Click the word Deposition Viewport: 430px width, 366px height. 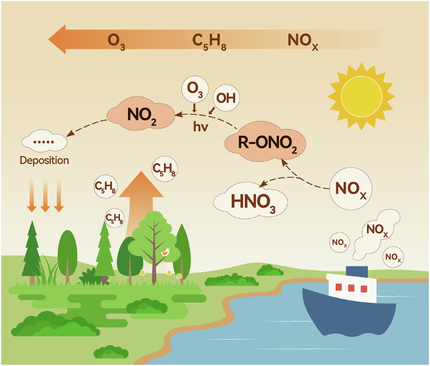44,160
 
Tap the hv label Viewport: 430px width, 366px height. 202,126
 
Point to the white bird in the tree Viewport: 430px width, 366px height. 166,252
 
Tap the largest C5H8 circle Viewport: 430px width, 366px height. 164,169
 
